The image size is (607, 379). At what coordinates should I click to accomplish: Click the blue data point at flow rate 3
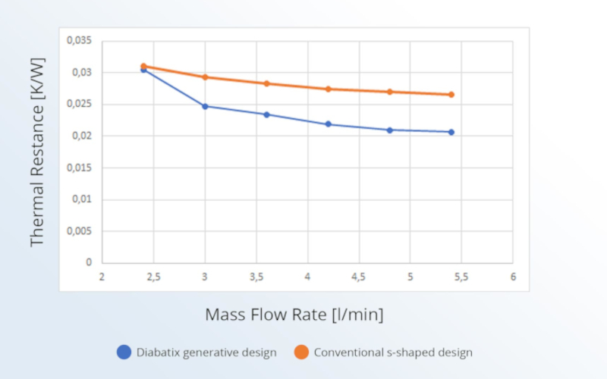(205, 106)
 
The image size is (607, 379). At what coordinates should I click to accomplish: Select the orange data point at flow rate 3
(205, 77)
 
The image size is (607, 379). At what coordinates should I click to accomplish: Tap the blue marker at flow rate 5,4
(451, 132)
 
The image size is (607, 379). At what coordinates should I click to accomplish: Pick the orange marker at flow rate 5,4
(451, 95)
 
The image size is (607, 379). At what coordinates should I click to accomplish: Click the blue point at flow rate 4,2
(328, 124)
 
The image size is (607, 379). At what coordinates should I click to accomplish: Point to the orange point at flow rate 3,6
(266, 83)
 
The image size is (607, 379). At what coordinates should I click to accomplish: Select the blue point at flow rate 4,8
(389, 130)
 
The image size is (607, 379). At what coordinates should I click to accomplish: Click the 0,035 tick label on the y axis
(80, 40)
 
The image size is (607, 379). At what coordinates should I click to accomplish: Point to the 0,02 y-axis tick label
(83, 136)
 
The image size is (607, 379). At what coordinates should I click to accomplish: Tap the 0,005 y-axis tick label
(80, 231)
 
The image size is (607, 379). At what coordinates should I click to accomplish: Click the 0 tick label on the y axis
(90, 263)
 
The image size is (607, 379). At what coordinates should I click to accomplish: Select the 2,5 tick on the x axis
(153, 277)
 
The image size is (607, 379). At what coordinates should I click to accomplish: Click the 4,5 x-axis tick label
(358, 277)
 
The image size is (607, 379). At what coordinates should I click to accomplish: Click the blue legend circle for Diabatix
(124, 352)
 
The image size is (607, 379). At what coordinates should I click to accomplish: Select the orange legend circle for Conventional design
(301, 352)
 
